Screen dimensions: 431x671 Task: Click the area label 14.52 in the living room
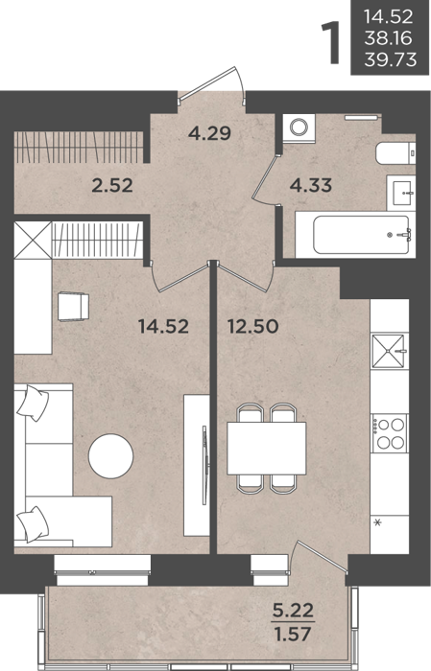(x=163, y=327)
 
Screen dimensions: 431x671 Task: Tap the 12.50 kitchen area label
(x=253, y=327)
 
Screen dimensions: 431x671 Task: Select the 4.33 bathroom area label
(x=311, y=185)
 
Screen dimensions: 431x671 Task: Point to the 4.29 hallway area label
(x=209, y=133)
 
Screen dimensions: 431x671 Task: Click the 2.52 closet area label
(x=112, y=185)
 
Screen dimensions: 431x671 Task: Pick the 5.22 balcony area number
(x=294, y=611)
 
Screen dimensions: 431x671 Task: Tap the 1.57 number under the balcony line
(x=294, y=634)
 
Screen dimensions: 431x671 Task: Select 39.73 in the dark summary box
(x=391, y=59)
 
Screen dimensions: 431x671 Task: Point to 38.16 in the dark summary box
(x=388, y=38)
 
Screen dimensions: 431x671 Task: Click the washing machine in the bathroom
(x=299, y=127)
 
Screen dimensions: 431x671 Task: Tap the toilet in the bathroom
(x=395, y=152)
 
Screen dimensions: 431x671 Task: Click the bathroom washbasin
(x=401, y=193)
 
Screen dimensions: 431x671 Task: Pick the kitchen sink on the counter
(x=388, y=351)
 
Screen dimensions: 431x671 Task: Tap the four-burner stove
(x=390, y=433)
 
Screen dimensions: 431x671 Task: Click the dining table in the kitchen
(x=267, y=448)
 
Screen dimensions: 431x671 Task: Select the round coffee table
(x=111, y=456)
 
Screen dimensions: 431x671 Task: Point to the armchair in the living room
(x=73, y=307)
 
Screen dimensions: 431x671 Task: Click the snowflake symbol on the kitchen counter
(x=378, y=522)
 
